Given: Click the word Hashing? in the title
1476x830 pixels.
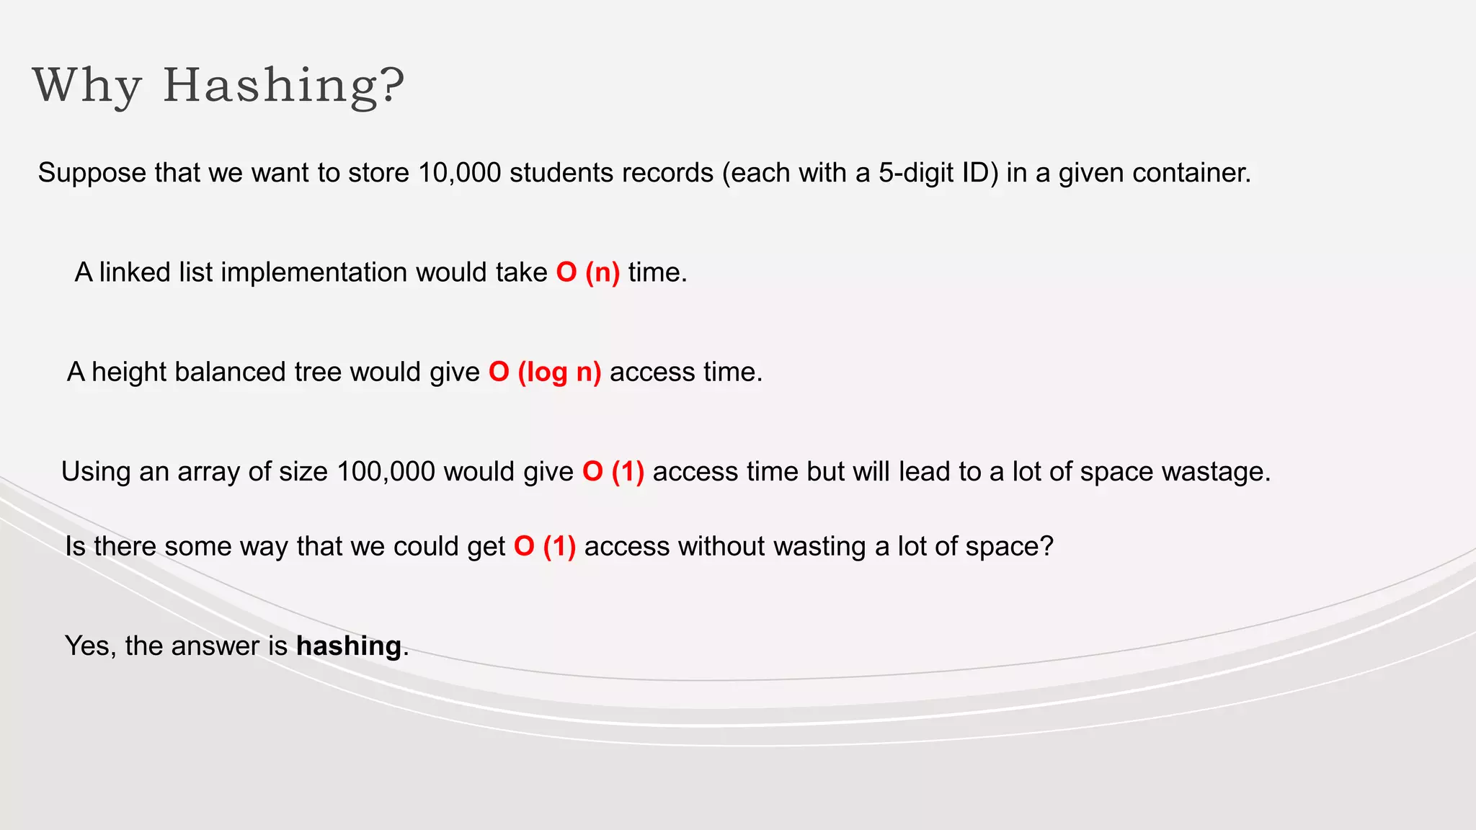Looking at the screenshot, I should (284, 86).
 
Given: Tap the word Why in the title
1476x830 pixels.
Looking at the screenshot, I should (86, 86).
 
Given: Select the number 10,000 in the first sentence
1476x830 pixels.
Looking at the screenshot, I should (459, 173).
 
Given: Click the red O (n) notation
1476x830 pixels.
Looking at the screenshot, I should (587, 272).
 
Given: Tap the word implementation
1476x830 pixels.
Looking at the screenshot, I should (314, 272).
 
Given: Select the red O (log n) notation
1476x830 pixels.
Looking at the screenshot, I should (545, 372).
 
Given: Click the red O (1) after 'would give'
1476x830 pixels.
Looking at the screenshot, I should (613, 471).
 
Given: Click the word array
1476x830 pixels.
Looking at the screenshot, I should (208, 471).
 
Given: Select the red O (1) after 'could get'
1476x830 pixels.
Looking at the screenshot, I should (545, 546).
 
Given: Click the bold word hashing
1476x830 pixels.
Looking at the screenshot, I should (349, 646).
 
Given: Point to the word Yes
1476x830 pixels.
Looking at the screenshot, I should (88, 646).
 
